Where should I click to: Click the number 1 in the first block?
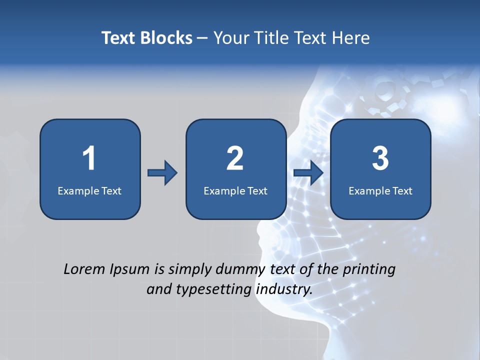[89, 158]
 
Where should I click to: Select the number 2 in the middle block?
[235, 158]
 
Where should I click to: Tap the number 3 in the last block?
[380, 158]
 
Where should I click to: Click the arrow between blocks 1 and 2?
[162, 173]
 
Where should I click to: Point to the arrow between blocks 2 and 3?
[308, 173]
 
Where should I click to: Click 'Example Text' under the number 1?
[89, 190]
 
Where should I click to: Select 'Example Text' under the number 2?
[235, 190]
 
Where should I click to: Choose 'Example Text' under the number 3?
[380, 190]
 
